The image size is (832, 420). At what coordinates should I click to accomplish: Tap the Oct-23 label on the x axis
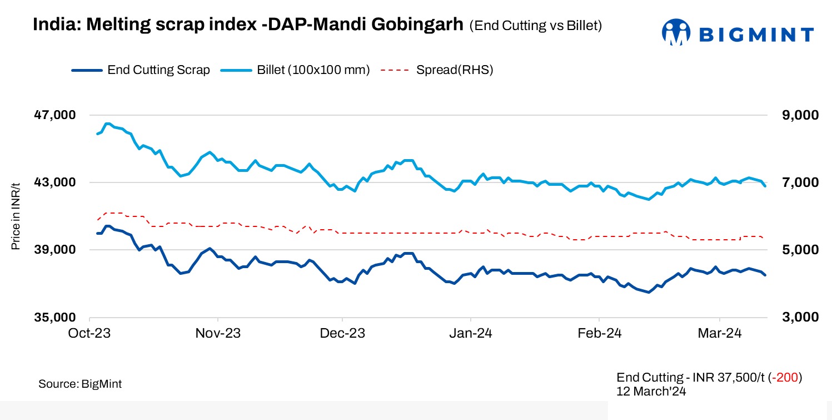click(x=90, y=333)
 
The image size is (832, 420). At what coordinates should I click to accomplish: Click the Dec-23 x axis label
click(x=342, y=333)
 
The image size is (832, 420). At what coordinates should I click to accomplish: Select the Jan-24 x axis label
click(x=471, y=333)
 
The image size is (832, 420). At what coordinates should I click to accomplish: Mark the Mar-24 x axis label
click(x=720, y=333)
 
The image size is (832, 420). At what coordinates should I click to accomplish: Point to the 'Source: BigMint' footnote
click(x=80, y=384)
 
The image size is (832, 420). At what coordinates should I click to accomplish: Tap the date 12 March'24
click(x=651, y=391)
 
